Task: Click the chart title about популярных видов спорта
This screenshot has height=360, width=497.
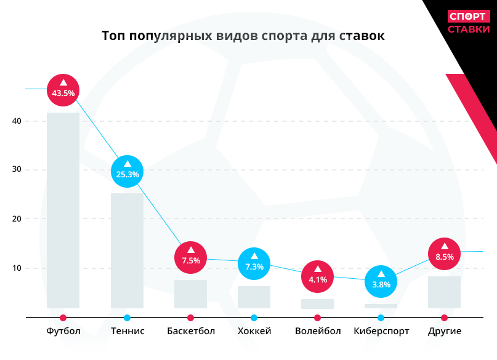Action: pyautogui.click(x=243, y=36)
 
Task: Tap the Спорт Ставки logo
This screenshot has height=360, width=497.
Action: pyautogui.click(x=469, y=23)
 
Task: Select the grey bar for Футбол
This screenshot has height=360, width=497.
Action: pyautogui.click(x=63, y=209)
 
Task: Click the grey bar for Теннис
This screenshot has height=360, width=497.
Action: pyautogui.click(x=127, y=250)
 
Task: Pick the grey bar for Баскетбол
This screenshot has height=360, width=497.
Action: pyautogui.click(x=190, y=294)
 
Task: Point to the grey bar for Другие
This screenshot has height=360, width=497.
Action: pyautogui.click(x=445, y=292)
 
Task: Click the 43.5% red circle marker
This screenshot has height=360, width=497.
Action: pyautogui.click(x=63, y=90)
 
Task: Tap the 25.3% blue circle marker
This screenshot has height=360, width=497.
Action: pyautogui.click(x=127, y=171)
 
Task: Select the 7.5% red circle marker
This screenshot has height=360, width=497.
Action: pyautogui.click(x=191, y=257)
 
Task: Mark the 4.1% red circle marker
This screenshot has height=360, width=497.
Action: pyautogui.click(x=318, y=276)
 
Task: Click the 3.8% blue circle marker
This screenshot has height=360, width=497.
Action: pyautogui.click(x=381, y=282)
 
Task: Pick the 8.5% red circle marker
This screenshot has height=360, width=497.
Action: pyautogui.click(x=445, y=254)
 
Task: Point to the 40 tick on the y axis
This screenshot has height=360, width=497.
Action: pyautogui.click(x=17, y=121)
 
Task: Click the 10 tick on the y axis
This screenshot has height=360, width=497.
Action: pyautogui.click(x=17, y=268)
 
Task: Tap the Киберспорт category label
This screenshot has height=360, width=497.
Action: pyautogui.click(x=381, y=331)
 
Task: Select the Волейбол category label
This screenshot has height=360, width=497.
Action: pyautogui.click(x=318, y=331)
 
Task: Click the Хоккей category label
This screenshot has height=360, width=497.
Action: pyautogui.click(x=254, y=331)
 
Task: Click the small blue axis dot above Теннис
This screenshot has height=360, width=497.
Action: pyautogui.click(x=127, y=318)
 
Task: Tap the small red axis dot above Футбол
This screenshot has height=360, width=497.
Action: pyautogui.click(x=63, y=318)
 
